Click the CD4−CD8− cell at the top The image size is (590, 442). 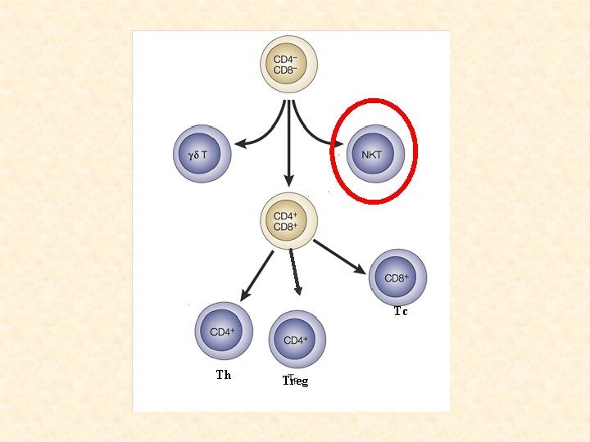pos(288,64)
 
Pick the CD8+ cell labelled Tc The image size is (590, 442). pos(398,278)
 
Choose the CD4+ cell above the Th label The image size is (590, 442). pos(224,331)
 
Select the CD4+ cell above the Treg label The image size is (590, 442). pos(297,339)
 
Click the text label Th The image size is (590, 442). pos(224,375)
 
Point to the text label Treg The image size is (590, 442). pos(295,381)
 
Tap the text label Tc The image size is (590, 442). pos(401,311)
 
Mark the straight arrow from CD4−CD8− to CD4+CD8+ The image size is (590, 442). pos(288,147)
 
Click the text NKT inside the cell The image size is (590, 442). pos(372,154)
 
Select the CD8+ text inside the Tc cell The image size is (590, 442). pos(397,278)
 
